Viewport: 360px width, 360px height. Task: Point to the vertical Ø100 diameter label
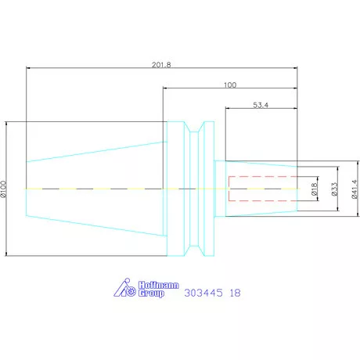(4, 189)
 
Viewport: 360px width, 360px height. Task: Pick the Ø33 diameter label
(334, 189)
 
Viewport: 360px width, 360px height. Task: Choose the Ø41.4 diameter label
(354, 189)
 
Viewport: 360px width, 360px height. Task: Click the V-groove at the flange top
(200, 128)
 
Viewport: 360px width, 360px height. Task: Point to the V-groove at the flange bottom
(200, 249)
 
